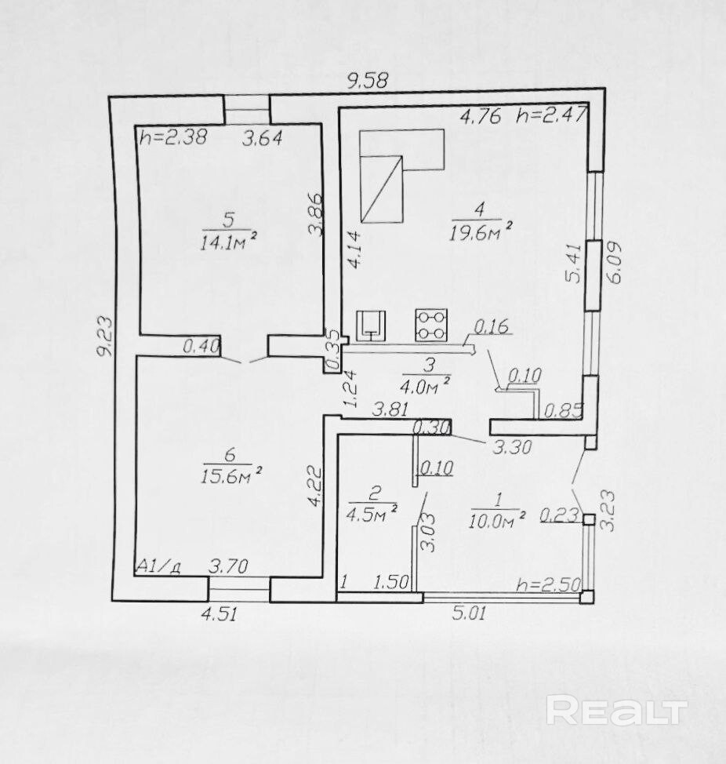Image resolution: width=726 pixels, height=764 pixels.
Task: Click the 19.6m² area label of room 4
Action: [x=481, y=231]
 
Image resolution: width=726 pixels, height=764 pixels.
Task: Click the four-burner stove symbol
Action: [x=431, y=325]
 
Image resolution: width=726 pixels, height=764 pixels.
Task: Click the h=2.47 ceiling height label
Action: [x=551, y=117]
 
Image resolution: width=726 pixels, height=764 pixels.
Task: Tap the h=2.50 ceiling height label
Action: [x=547, y=585]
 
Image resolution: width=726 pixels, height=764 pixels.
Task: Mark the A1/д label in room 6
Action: [x=159, y=566]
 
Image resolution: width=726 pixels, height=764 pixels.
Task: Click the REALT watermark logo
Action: [x=616, y=711]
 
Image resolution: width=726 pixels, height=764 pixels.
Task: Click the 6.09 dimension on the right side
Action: [x=615, y=264]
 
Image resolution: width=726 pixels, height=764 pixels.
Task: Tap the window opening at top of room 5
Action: [x=246, y=107]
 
